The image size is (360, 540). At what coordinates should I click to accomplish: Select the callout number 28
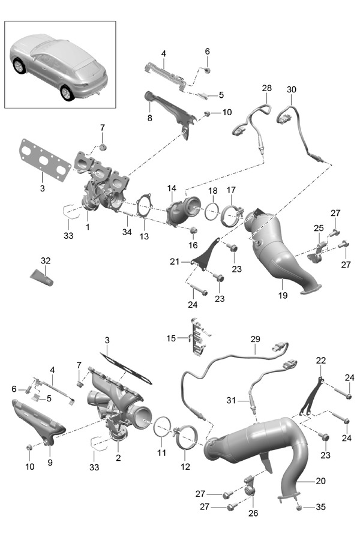(266, 88)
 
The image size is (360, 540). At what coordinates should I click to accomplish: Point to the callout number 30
(292, 89)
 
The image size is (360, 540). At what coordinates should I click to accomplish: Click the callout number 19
(283, 296)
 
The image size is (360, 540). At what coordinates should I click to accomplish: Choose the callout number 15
(172, 338)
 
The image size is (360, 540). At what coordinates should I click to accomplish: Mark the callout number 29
(254, 339)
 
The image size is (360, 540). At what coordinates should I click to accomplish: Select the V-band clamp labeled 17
(232, 215)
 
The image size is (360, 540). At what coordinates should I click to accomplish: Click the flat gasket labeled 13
(143, 209)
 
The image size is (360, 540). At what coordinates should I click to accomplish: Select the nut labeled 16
(193, 231)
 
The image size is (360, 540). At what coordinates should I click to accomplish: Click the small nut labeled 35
(299, 508)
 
